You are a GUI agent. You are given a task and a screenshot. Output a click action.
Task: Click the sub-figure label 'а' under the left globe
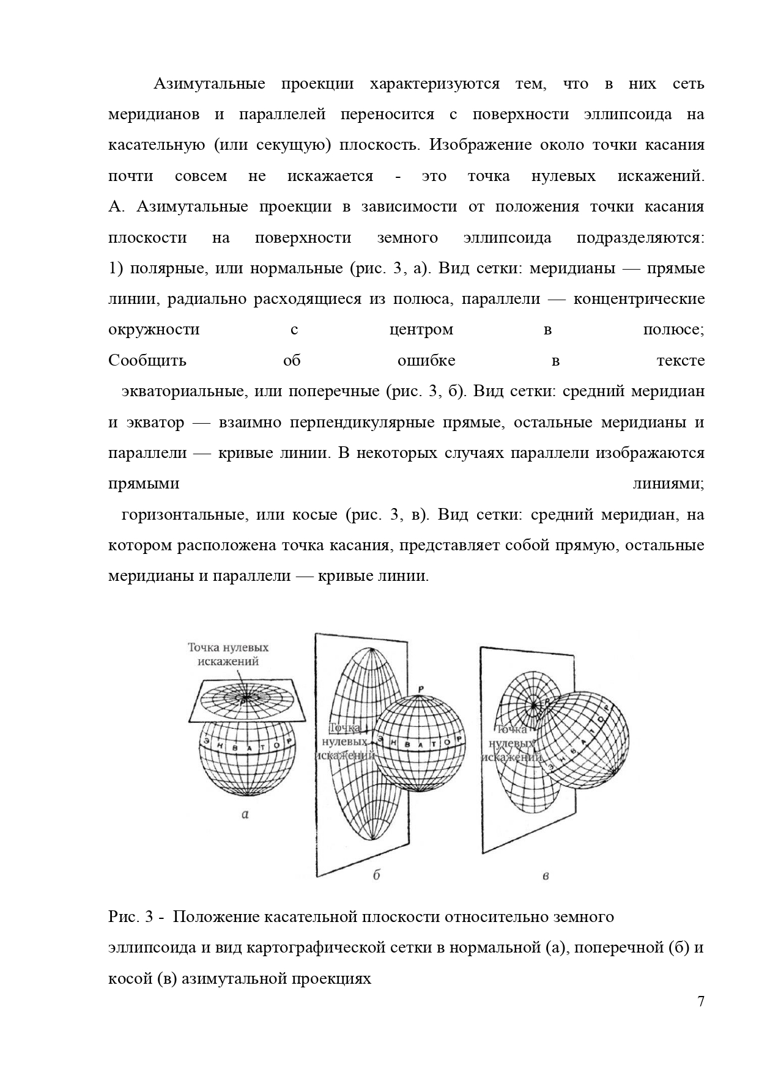[245, 814]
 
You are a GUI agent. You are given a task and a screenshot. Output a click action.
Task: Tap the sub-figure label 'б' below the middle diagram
[377, 874]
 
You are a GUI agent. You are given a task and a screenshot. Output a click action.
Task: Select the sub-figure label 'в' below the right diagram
[546, 876]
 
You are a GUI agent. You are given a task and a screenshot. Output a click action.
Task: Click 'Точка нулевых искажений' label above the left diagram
[228, 654]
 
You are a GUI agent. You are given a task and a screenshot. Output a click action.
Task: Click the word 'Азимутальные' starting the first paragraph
[209, 84]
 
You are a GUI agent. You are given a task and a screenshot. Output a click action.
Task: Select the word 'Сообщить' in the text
[147, 360]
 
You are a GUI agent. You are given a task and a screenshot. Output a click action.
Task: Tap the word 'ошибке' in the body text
[426, 360]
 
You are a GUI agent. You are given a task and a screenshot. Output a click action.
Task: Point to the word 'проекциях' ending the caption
[334, 978]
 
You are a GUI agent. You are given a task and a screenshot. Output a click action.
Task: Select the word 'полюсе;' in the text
[673, 330]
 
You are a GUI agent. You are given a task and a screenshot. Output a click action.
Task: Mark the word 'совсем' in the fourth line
[201, 176]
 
